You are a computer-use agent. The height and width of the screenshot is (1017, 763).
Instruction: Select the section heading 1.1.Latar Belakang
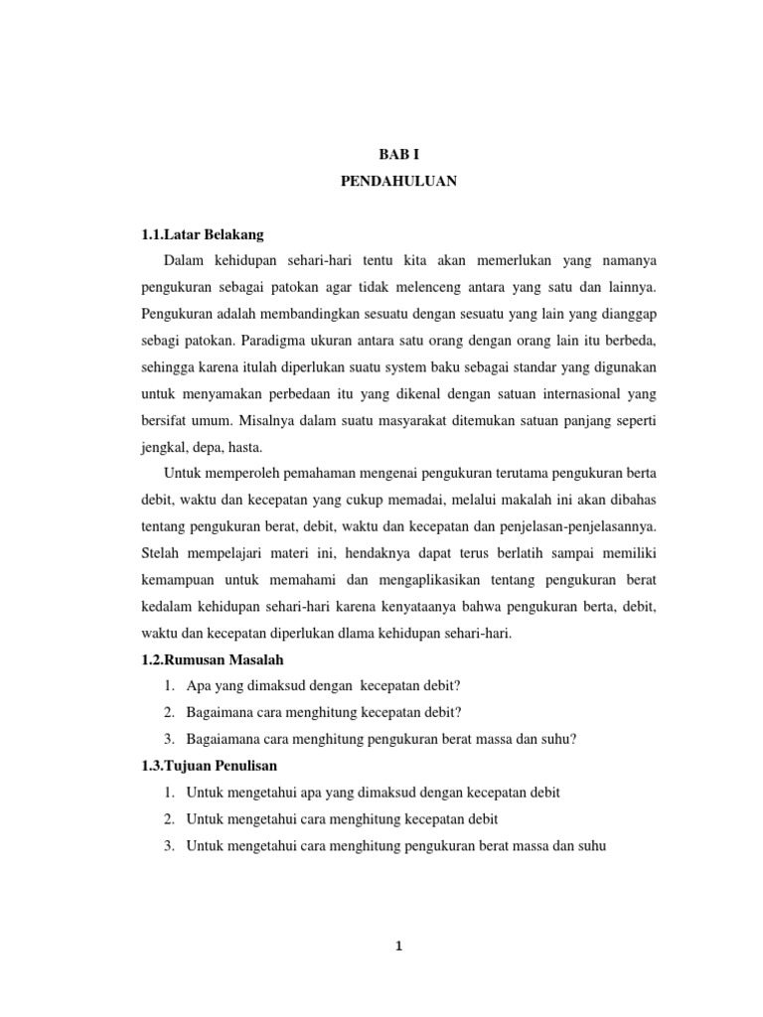204,233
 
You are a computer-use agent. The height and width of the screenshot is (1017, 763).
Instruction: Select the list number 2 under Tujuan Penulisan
170,819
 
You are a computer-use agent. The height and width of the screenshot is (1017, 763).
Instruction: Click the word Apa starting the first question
197,686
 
